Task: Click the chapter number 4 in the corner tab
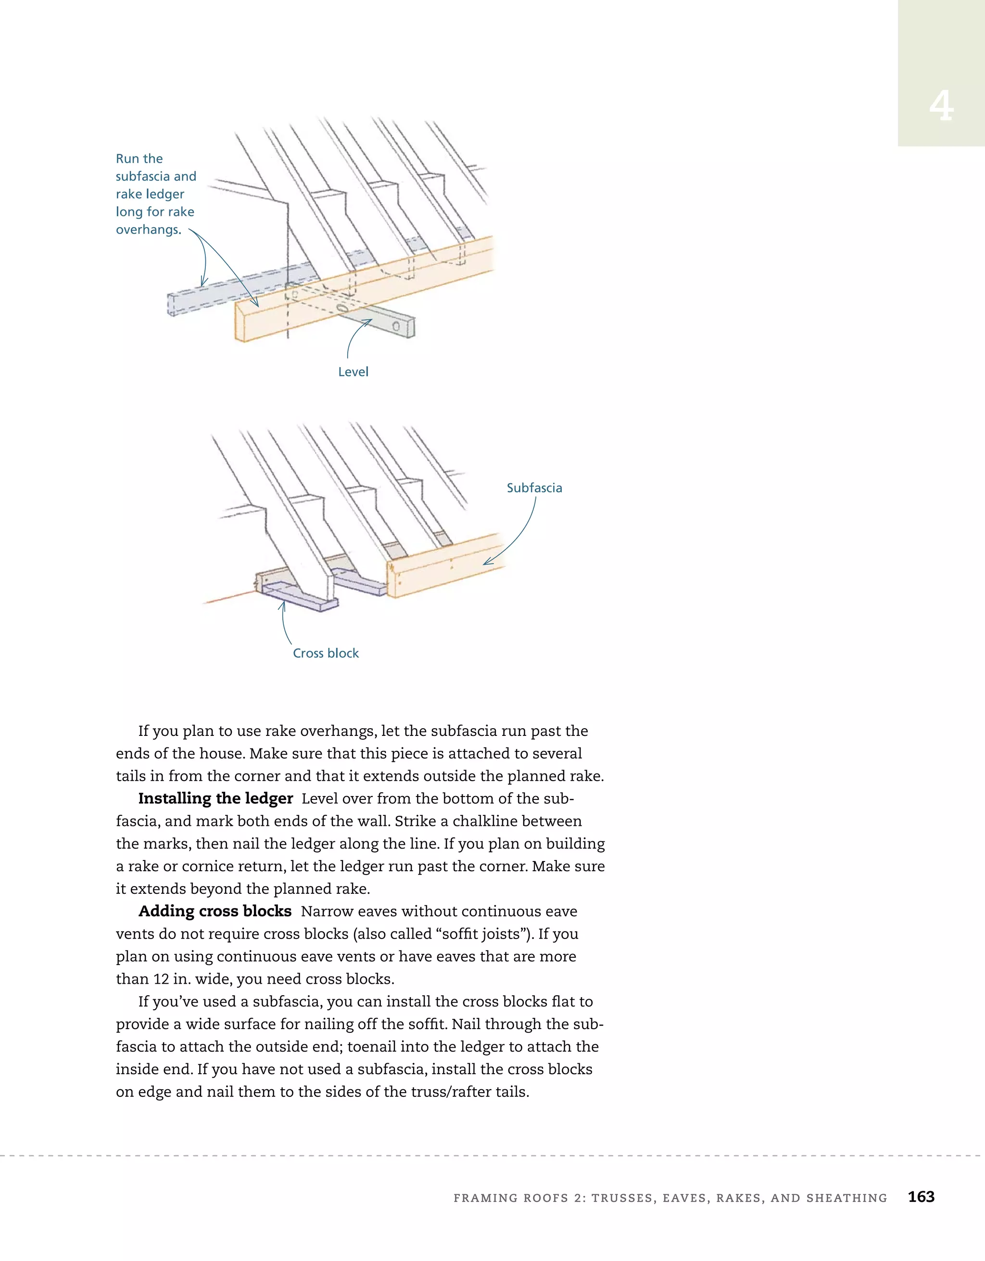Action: coord(941,107)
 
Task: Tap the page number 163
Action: coord(921,1197)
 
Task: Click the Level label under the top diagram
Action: coord(353,372)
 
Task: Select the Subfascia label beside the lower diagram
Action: coord(534,488)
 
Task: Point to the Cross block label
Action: coord(326,653)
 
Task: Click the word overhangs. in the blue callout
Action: coord(148,230)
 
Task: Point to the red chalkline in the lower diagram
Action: coord(228,598)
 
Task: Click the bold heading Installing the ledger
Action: coord(215,798)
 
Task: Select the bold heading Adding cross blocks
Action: coord(215,911)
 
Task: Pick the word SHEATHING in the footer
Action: coord(846,1198)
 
